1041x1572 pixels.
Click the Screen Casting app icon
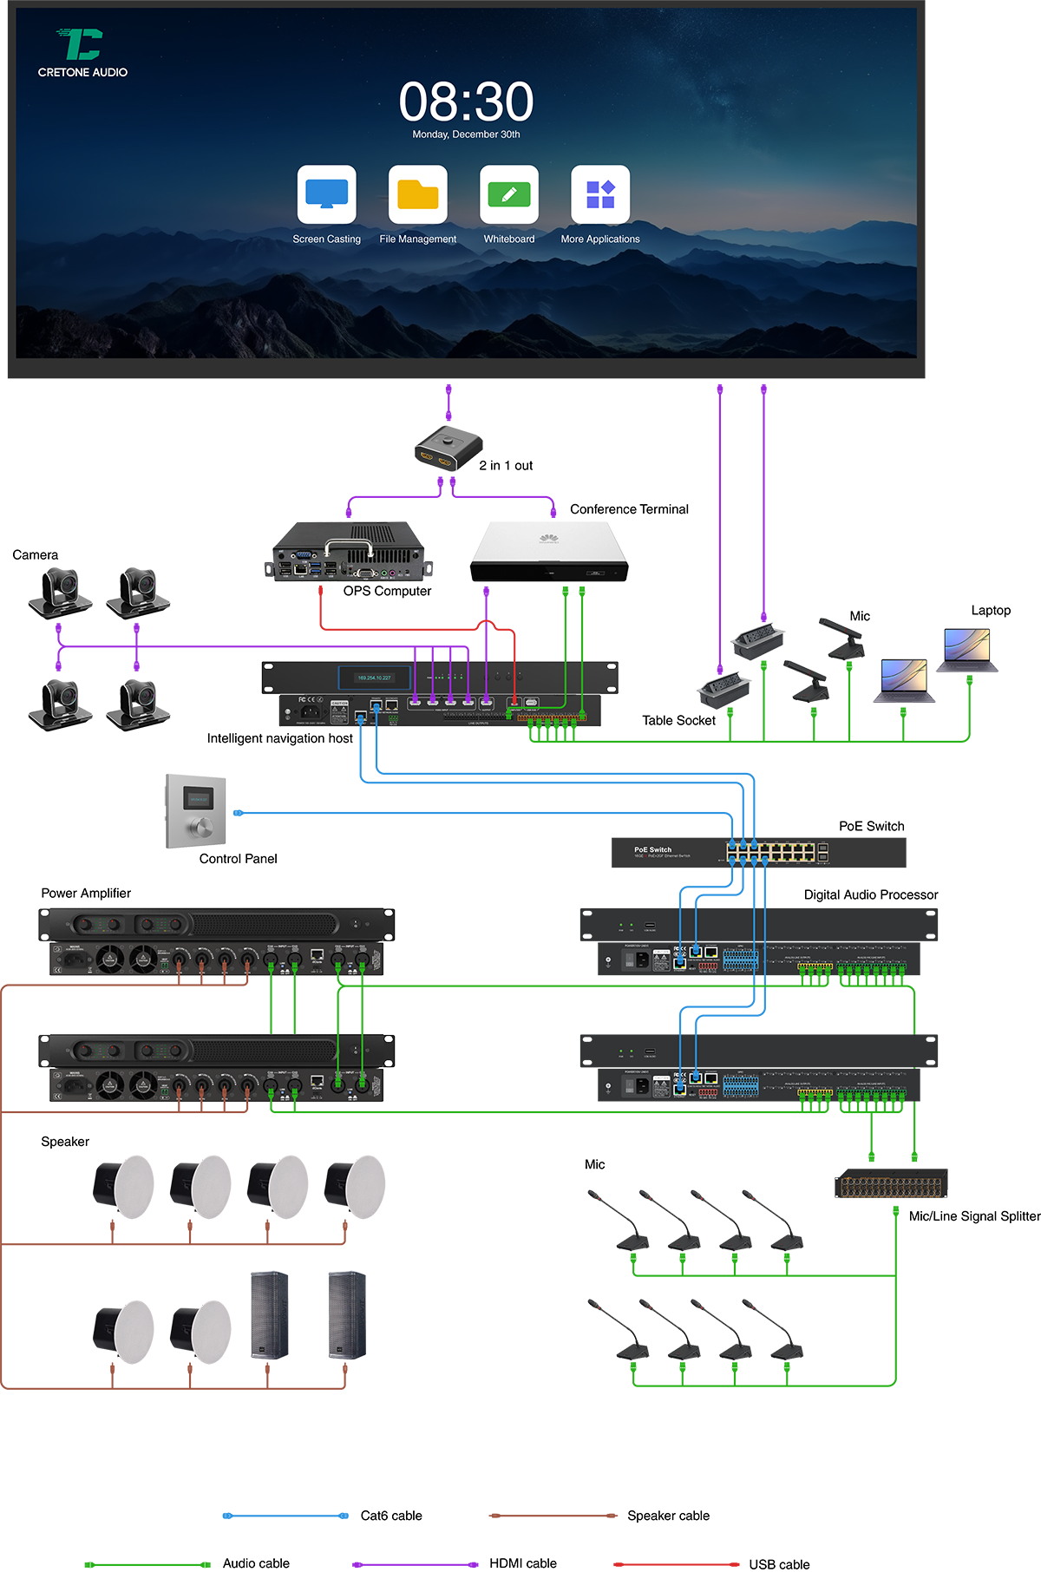tap(326, 194)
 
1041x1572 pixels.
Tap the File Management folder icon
tap(418, 194)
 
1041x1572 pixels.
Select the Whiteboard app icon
tap(509, 194)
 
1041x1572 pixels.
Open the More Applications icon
tap(600, 194)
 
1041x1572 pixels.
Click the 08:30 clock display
tap(466, 102)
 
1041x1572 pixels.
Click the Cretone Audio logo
tap(82, 52)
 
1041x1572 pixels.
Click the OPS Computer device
tap(349, 552)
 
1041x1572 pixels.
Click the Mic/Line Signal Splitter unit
tap(891, 1183)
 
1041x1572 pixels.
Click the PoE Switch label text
tap(871, 826)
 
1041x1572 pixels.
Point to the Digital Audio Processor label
tap(870, 894)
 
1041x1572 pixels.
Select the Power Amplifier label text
tap(86, 893)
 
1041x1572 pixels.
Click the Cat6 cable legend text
tap(391, 1516)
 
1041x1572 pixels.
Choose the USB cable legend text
tap(779, 1564)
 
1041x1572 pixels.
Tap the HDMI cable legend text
tap(522, 1562)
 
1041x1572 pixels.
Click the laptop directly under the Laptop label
tap(970, 650)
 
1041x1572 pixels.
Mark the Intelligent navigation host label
tap(279, 738)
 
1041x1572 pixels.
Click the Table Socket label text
tap(678, 720)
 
